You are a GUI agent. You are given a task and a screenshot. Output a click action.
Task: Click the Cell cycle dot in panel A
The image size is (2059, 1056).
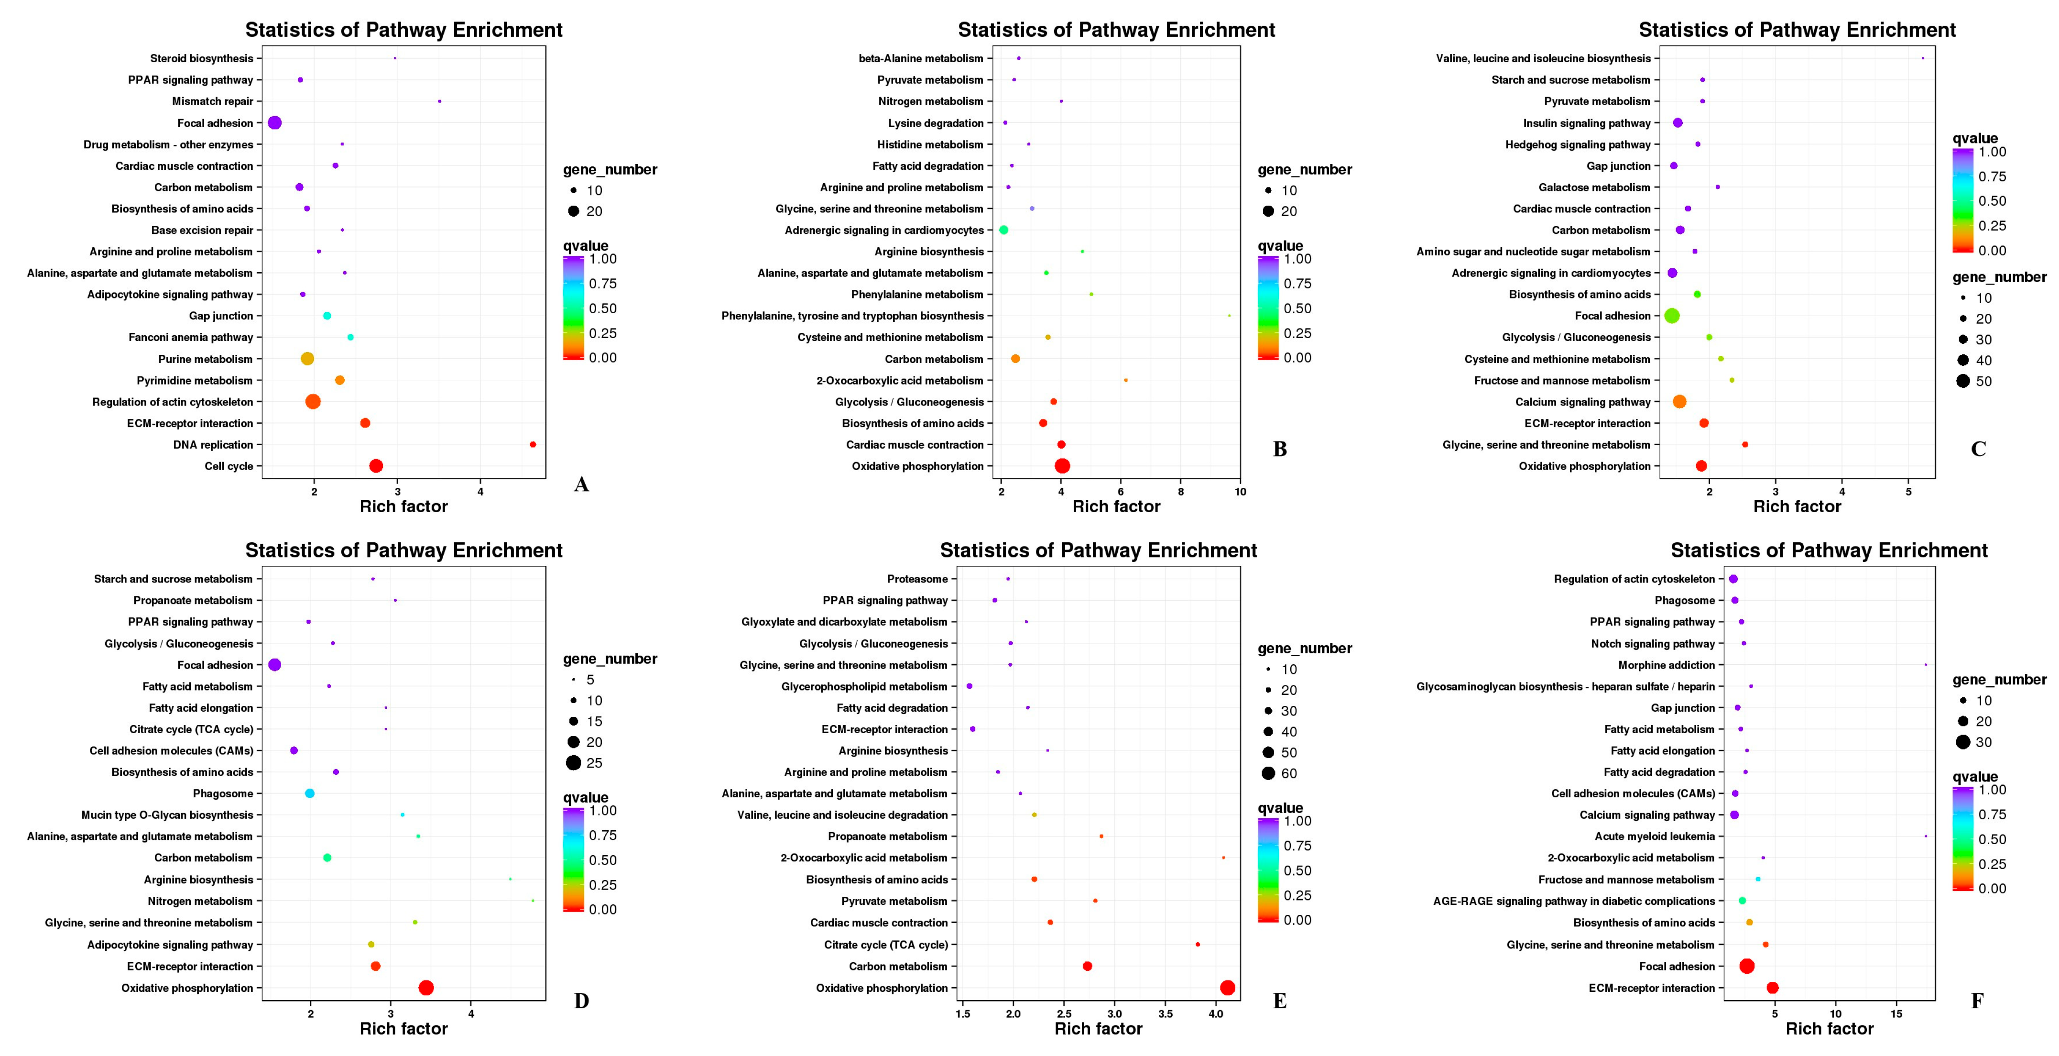376,466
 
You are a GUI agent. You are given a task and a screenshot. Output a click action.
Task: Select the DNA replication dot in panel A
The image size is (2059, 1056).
533,444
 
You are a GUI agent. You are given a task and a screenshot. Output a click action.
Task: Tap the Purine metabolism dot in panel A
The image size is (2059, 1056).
307,359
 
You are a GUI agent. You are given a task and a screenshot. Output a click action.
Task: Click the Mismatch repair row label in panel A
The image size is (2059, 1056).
213,101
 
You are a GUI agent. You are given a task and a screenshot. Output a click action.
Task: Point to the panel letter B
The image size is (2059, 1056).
1280,449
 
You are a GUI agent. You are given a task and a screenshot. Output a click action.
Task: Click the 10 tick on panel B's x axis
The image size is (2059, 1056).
1240,492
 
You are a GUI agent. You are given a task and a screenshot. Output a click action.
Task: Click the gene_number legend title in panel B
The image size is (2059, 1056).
1305,169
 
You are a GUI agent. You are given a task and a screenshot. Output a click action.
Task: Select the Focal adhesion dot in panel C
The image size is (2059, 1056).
1671,316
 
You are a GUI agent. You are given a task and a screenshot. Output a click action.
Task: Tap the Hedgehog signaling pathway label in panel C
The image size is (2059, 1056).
1577,145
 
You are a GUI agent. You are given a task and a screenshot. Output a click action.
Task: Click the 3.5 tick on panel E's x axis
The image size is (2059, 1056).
1166,1013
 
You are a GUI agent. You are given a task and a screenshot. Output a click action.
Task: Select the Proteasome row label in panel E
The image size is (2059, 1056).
917,579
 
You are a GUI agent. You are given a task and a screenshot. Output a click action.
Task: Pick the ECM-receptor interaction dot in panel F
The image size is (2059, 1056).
1772,988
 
